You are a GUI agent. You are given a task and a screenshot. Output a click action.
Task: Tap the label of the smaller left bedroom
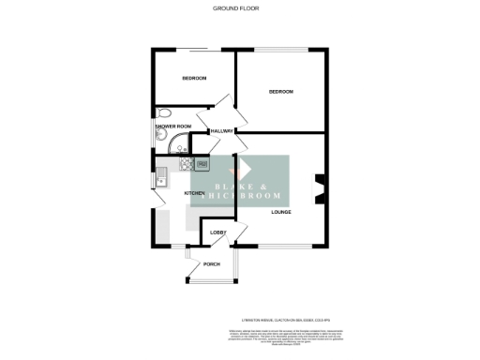(193, 79)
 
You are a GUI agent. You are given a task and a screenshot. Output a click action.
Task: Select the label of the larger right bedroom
(281, 92)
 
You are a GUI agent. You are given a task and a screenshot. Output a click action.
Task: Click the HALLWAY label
(221, 130)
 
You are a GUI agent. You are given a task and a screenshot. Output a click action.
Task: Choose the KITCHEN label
(195, 193)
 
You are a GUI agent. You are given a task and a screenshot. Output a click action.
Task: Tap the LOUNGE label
(281, 212)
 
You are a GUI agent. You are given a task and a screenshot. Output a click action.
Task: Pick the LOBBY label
(217, 232)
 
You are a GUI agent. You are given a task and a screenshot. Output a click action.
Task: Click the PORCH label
(212, 264)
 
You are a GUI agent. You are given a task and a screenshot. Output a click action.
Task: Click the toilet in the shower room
(163, 112)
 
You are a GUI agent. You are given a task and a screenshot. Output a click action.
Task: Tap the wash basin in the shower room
(158, 138)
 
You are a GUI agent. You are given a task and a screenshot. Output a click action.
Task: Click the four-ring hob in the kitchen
(201, 165)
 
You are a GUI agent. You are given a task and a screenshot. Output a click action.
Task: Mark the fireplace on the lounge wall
(320, 188)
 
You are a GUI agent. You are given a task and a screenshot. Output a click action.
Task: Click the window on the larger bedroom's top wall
(282, 49)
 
